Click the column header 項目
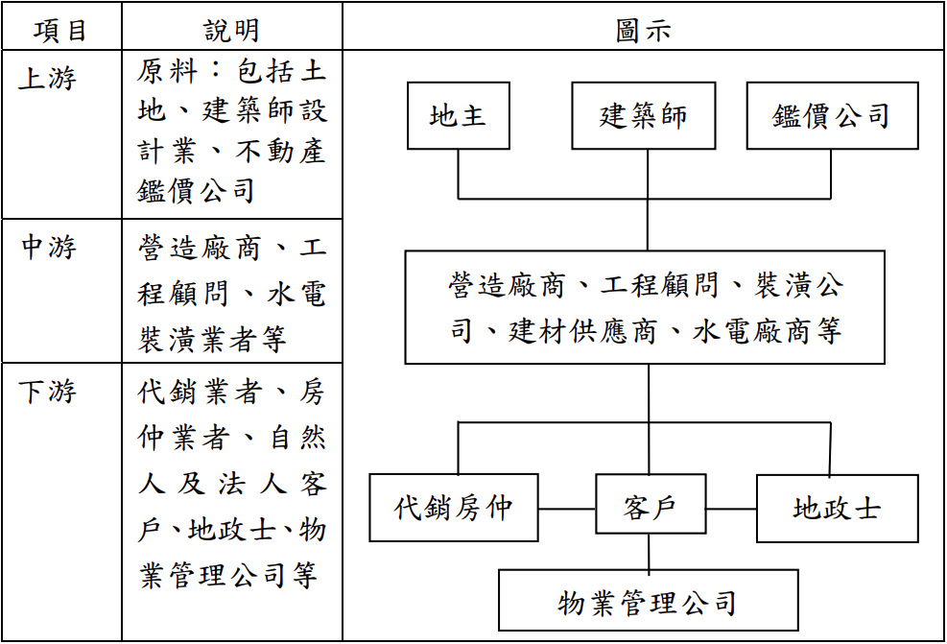(x=60, y=31)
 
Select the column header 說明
(x=231, y=31)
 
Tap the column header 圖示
(x=642, y=31)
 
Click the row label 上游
(x=47, y=79)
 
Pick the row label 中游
(x=48, y=249)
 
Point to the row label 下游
(x=48, y=392)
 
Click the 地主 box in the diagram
(x=458, y=116)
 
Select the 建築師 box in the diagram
(x=643, y=116)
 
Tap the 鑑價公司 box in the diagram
(x=831, y=116)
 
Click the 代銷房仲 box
(x=454, y=508)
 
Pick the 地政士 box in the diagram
(x=837, y=508)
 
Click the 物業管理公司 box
(x=648, y=601)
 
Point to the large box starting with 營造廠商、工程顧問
(x=644, y=307)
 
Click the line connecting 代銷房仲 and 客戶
(x=566, y=508)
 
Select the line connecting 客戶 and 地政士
(x=731, y=508)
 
